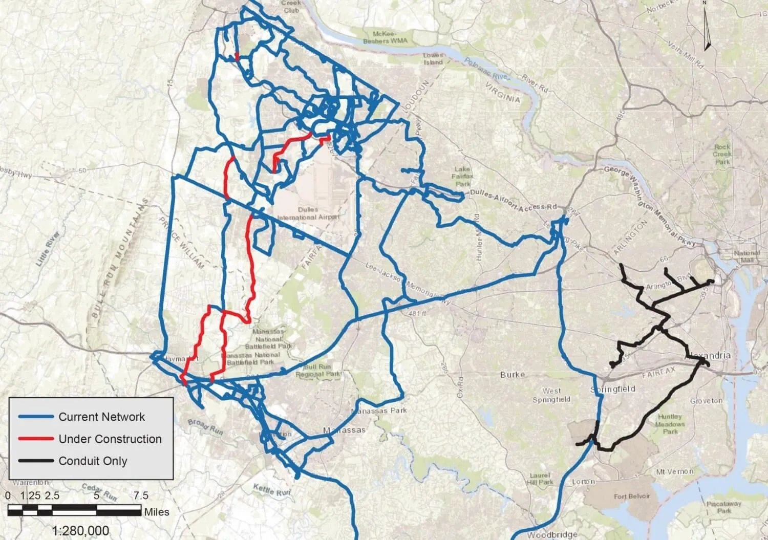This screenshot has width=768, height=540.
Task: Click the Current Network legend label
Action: (101, 417)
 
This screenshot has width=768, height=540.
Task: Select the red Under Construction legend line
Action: (36, 439)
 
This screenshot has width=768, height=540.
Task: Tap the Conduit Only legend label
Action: (93, 461)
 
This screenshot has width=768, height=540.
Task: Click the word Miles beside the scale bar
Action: (157, 511)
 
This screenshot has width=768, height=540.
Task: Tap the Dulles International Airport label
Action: (308, 213)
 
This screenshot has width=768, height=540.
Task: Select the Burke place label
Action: (513, 375)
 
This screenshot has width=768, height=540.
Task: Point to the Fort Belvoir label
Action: (632, 496)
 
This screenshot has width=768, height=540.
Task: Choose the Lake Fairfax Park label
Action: (463, 177)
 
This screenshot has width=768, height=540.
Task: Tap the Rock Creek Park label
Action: (722, 154)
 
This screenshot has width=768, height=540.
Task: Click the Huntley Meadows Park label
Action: (670, 424)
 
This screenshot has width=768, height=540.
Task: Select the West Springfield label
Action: (551, 395)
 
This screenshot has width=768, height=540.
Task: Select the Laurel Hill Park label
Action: (541, 479)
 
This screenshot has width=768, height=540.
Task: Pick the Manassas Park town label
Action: (379, 411)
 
